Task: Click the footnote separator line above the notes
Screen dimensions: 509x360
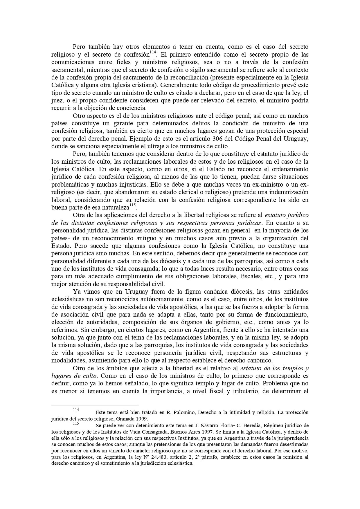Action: pos(95,405)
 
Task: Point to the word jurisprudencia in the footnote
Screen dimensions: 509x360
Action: pos(290,438)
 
